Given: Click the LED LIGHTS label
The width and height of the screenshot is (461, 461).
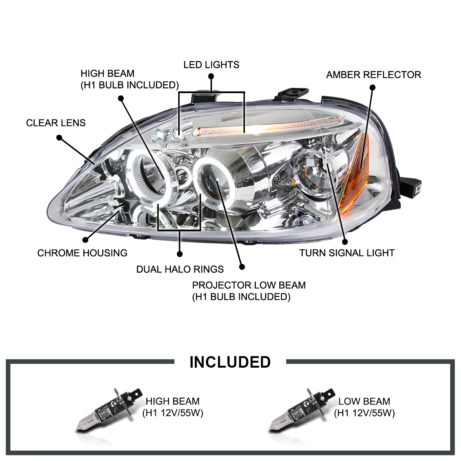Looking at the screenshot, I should pyautogui.click(x=211, y=65).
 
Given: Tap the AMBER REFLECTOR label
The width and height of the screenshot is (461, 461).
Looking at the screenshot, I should pyautogui.click(x=373, y=75).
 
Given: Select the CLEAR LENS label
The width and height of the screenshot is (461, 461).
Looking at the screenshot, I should pyautogui.click(x=56, y=123).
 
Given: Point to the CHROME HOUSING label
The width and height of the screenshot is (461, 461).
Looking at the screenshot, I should pyautogui.click(x=82, y=253).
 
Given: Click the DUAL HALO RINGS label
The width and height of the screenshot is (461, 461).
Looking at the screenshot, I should pyautogui.click(x=180, y=269).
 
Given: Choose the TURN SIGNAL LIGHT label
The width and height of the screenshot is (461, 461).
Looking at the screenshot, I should pyautogui.click(x=347, y=253).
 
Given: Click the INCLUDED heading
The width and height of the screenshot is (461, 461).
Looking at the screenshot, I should pyautogui.click(x=230, y=362).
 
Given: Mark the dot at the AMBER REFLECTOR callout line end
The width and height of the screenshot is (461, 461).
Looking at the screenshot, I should pyautogui.click(x=372, y=87).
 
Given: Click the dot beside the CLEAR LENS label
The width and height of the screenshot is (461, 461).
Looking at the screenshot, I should pyautogui.click(x=59, y=137).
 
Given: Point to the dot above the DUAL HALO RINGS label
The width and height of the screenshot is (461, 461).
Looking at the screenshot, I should pyautogui.click(x=179, y=254).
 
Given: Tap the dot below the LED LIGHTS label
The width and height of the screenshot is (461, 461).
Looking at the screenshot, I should pyautogui.click(x=211, y=76).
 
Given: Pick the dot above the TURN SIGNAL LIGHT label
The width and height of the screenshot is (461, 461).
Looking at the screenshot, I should pyautogui.click(x=345, y=242).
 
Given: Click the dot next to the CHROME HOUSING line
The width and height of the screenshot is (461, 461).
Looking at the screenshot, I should pyautogui.click(x=85, y=240).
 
